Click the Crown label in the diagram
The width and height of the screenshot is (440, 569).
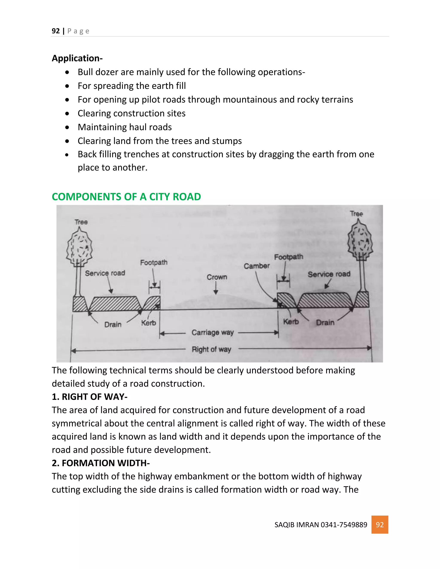tap(217, 277)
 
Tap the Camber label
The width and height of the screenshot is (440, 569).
tap(257, 266)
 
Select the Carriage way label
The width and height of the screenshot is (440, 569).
tap(212, 332)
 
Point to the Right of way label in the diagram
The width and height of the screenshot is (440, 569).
tap(211, 349)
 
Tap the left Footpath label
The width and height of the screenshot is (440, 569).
tap(154, 262)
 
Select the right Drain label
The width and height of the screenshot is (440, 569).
tap(325, 323)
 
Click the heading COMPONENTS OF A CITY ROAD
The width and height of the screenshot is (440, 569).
tap(126, 197)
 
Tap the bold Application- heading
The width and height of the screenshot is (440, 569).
tap(77, 58)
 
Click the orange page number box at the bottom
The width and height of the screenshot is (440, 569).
tap(380, 525)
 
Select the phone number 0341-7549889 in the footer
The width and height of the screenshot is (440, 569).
tap(344, 525)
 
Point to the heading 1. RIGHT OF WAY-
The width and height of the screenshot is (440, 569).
tap(89, 397)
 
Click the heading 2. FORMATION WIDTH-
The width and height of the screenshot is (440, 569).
tap(101, 463)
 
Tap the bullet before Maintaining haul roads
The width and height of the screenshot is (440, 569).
tap(67, 127)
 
